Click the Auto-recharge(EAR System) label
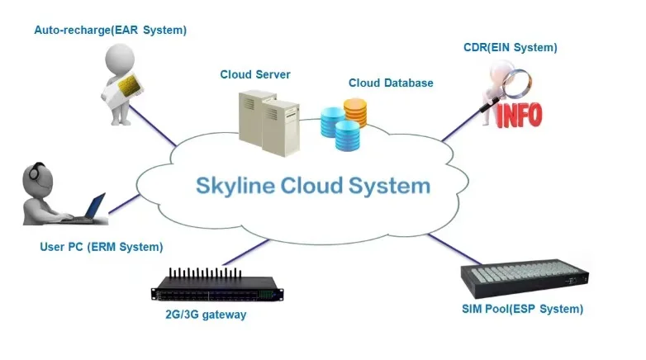click(x=110, y=31)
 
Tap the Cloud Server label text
click(x=254, y=74)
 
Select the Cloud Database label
click(x=391, y=83)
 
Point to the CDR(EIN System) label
click(x=510, y=47)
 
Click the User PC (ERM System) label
click(x=102, y=246)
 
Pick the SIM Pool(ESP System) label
click(x=522, y=309)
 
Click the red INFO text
click(x=518, y=114)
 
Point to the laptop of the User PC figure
click(x=91, y=208)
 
